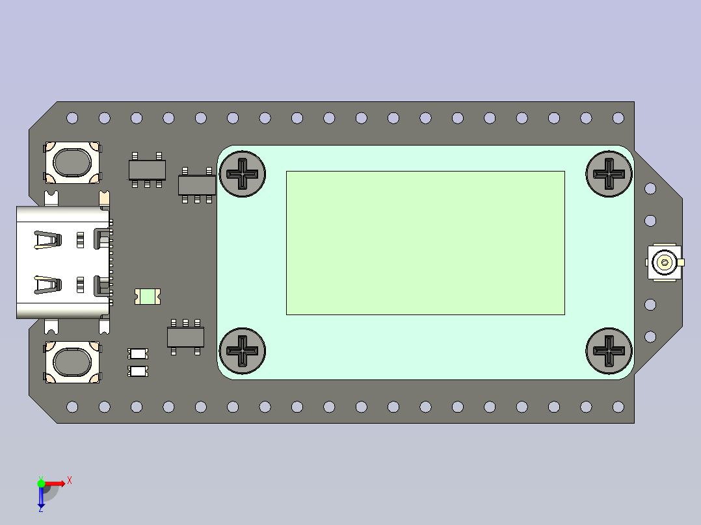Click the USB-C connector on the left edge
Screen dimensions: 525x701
click(62, 262)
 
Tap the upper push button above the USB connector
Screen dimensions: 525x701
click(72, 162)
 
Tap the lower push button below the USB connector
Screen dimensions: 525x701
click(72, 363)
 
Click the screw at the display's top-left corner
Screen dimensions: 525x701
click(243, 174)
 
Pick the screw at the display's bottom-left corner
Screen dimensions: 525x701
click(243, 350)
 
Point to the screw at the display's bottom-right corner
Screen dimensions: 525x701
click(609, 351)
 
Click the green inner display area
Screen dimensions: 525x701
click(425, 243)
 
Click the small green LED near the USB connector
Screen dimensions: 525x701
click(148, 297)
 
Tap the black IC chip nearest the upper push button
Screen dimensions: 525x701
click(146, 170)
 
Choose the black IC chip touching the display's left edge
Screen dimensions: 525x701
click(196, 185)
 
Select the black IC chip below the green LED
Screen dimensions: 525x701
click(185, 337)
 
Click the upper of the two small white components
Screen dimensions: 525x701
click(138, 353)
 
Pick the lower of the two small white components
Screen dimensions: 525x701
click(138, 371)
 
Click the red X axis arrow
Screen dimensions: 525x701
click(57, 483)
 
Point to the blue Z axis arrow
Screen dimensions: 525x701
click(41, 498)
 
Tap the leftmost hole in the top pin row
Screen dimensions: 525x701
click(72, 118)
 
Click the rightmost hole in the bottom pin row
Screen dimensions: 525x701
click(618, 407)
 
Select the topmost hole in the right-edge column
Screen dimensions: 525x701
click(650, 188)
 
